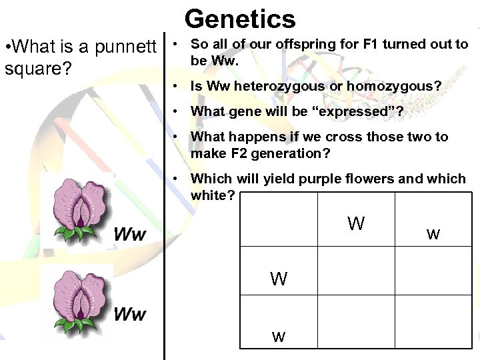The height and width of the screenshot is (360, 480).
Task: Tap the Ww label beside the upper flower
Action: pos(130,235)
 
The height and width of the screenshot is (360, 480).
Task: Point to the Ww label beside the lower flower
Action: pos(129,314)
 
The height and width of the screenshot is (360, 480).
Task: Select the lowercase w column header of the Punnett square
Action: pos(433,234)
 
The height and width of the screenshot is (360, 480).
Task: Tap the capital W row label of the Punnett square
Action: pos(279,279)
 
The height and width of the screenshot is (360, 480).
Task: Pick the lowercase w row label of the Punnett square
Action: pos(279,337)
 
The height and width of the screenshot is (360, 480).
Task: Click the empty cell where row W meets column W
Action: pos(356,271)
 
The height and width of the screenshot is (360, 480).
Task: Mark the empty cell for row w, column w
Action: pos(433,321)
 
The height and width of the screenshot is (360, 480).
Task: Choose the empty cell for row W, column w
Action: pos(433,271)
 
